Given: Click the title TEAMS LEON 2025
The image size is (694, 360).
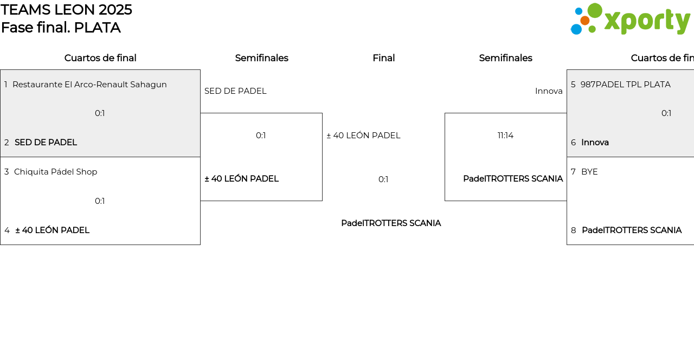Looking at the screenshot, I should (66, 10).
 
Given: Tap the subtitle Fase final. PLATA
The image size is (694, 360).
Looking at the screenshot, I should (61, 28).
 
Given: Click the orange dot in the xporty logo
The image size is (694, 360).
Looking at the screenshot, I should (584, 21).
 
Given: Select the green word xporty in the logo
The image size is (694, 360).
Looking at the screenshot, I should (647, 21).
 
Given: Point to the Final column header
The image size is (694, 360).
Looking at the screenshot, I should (383, 58).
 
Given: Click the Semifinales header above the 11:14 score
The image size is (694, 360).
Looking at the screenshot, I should (505, 58).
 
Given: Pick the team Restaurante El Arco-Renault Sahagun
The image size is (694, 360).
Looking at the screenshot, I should (89, 85).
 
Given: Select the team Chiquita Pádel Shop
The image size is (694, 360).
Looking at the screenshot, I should (55, 172).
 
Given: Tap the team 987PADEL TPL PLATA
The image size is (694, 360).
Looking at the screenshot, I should (625, 85).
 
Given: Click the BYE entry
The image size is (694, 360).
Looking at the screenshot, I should (589, 172).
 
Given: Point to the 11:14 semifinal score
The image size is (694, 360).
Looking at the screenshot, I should (505, 136).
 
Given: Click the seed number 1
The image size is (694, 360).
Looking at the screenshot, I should (6, 85).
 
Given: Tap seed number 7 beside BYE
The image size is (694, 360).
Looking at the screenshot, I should (573, 172).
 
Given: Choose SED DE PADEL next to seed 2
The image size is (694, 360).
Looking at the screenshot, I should (46, 143).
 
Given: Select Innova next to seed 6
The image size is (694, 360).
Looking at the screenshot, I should (595, 143).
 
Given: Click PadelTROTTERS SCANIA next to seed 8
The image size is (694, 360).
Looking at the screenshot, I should (631, 230).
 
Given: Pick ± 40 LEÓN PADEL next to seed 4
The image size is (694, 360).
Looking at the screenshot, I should (52, 230).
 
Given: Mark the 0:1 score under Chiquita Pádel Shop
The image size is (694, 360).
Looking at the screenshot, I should (100, 201).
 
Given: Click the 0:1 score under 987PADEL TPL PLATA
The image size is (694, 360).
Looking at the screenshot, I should (666, 113).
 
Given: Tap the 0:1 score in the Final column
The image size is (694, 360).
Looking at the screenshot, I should (383, 179).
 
